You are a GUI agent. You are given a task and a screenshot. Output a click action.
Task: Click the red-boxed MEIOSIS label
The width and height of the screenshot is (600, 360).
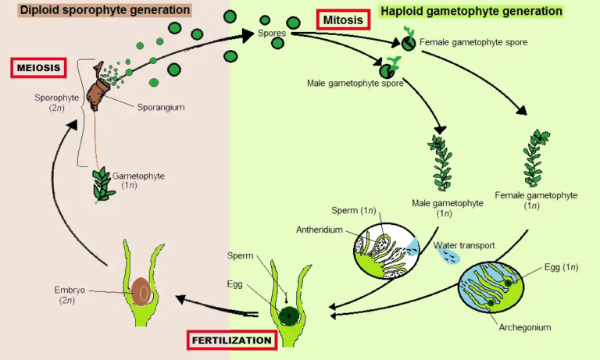38,68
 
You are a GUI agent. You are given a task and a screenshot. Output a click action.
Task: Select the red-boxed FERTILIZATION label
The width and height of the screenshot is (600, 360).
231,340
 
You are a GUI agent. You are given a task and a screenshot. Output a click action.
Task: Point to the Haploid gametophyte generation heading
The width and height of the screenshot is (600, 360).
471,12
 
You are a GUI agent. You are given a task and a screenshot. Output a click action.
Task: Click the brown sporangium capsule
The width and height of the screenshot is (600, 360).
99,92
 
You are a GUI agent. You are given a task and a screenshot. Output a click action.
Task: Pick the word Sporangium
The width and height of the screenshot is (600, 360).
159,107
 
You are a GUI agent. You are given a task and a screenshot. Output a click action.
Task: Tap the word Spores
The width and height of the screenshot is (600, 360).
272,34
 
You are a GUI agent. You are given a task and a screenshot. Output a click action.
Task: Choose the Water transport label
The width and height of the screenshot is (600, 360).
464,245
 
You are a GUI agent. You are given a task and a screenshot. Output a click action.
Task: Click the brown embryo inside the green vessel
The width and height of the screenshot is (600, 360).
142,291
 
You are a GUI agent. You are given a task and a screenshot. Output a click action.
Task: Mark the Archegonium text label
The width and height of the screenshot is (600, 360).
525,328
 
